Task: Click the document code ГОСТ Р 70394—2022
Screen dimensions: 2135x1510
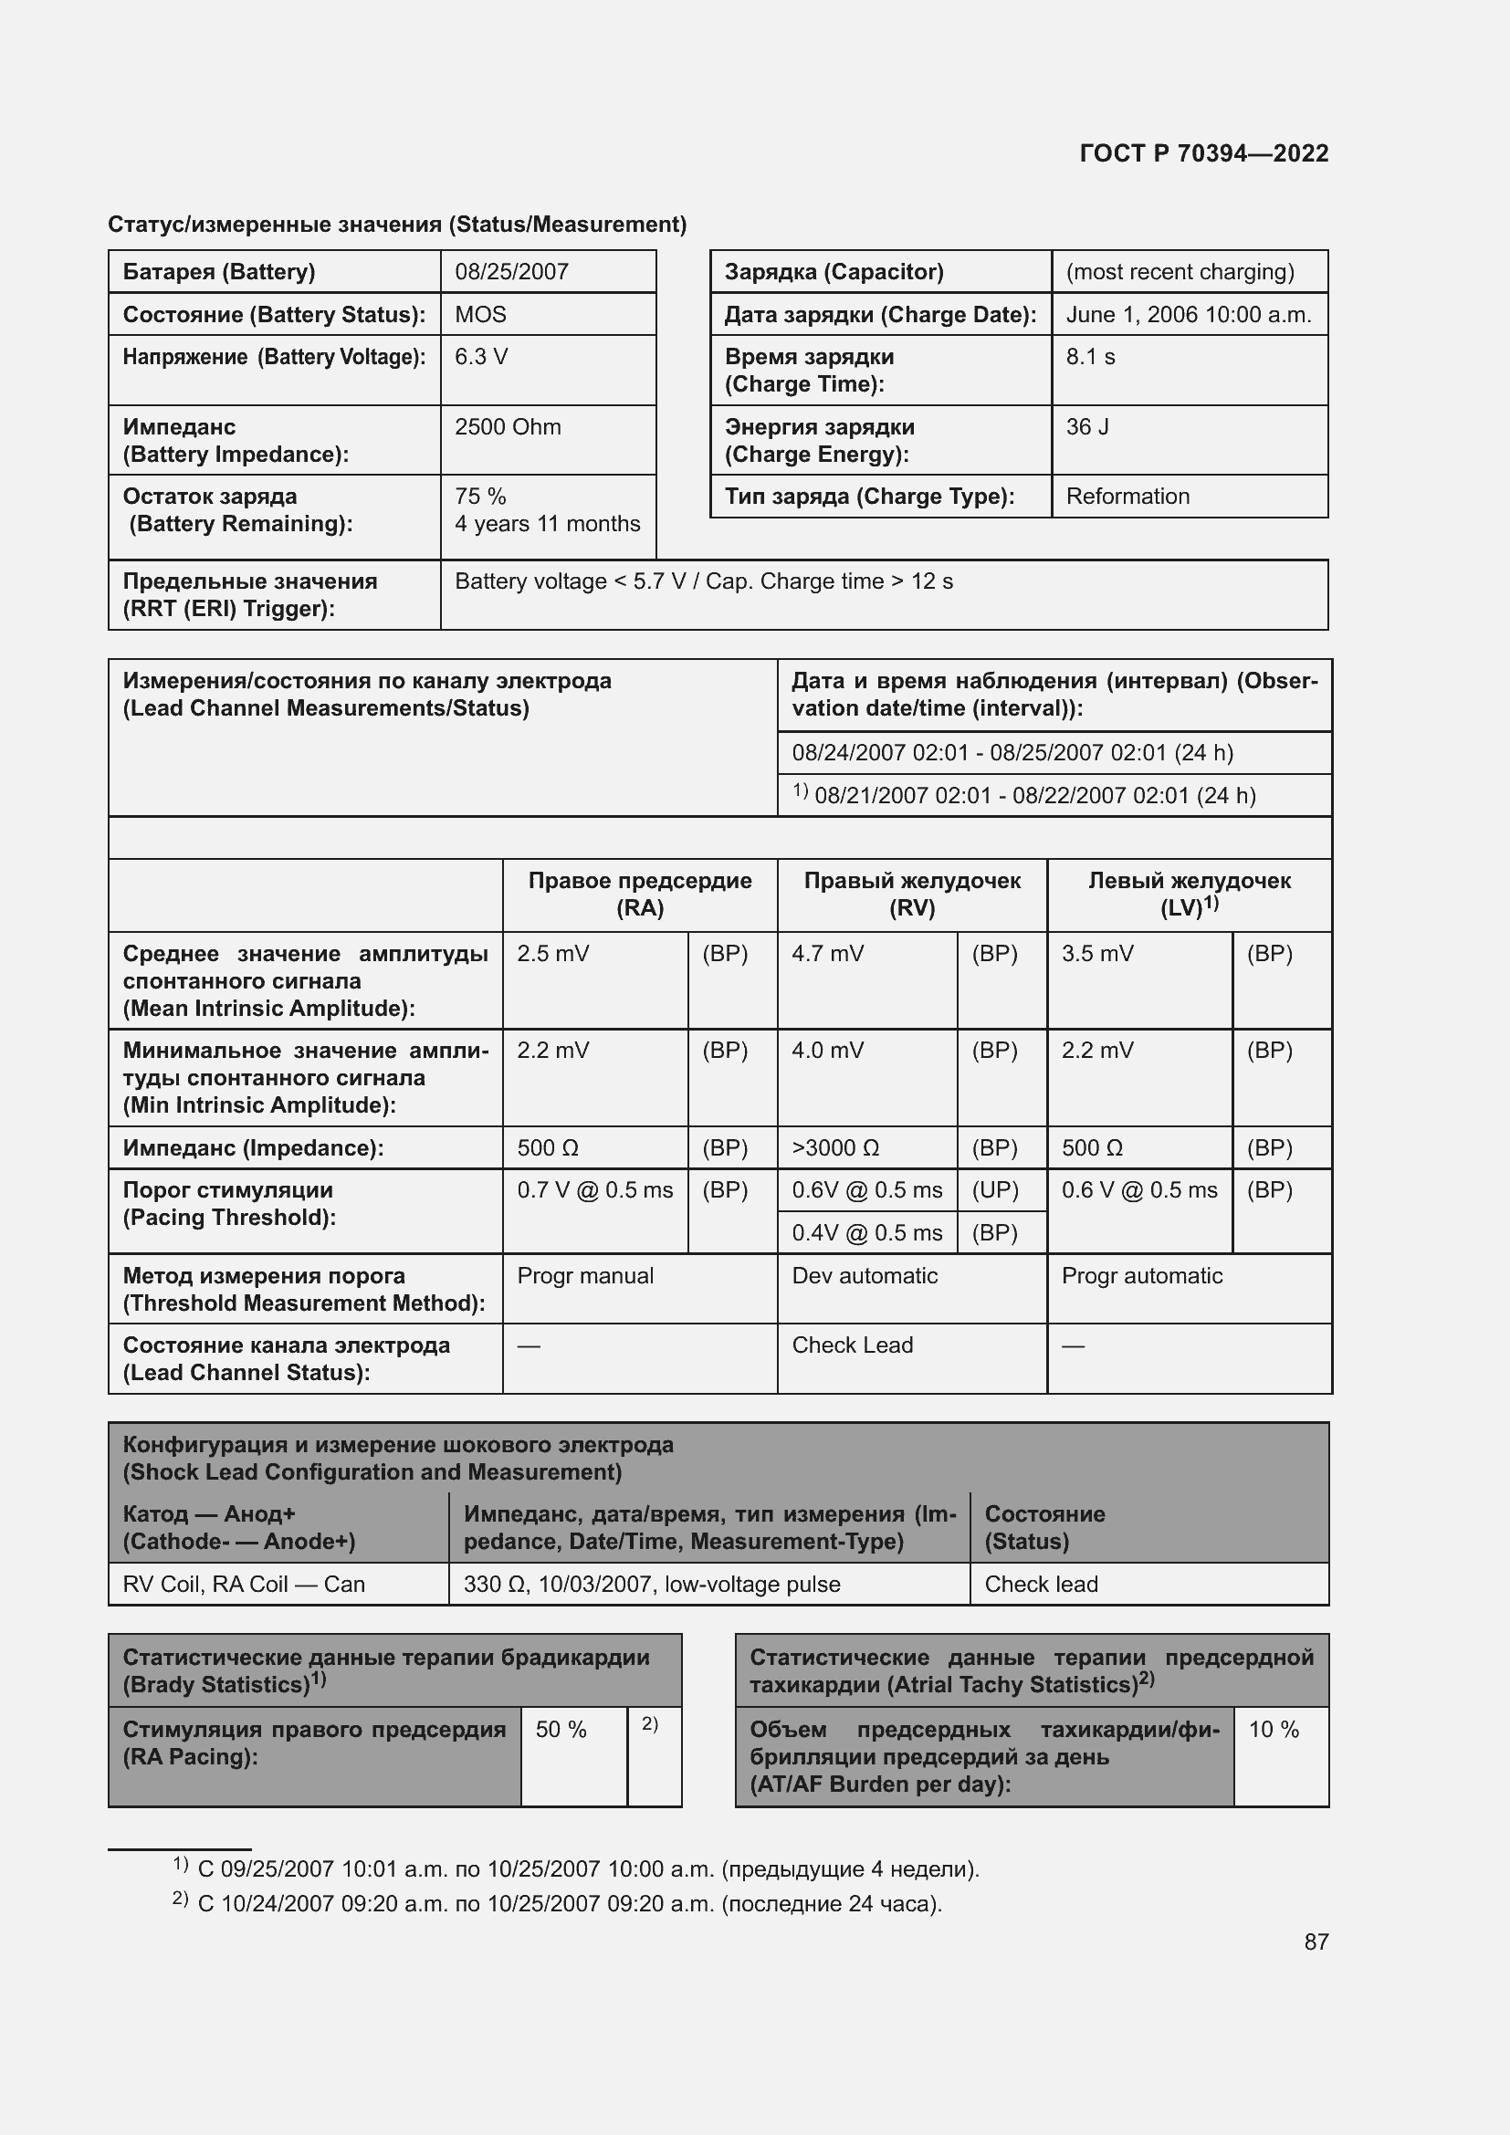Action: (x=1203, y=153)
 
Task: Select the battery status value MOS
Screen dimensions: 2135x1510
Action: (x=480, y=314)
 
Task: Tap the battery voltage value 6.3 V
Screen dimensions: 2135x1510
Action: (x=481, y=357)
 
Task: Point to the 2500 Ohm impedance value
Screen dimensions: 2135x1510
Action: (x=508, y=427)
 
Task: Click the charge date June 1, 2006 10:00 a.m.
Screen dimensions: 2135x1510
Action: (x=1189, y=314)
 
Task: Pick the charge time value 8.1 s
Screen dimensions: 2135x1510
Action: (x=1090, y=357)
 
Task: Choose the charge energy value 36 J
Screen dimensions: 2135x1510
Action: (x=1087, y=427)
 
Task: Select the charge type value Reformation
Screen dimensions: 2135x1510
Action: (x=1127, y=497)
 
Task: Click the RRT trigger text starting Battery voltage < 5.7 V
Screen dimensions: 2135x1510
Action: (x=703, y=581)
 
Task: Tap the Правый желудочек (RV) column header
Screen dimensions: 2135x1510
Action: (x=911, y=894)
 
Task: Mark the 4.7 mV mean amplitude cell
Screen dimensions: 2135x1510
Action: (x=827, y=954)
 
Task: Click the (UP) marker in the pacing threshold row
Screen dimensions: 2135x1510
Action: (x=995, y=1190)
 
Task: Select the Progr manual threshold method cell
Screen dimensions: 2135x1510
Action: (x=585, y=1276)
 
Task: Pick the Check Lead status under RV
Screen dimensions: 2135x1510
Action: (x=852, y=1345)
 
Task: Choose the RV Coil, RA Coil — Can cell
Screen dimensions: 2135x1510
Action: (x=244, y=1585)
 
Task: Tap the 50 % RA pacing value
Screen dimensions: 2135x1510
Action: (x=561, y=1730)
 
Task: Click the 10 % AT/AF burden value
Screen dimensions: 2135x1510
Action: (x=1273, y=1730)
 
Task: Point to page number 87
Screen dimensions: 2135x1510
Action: (x=1316, y=1941)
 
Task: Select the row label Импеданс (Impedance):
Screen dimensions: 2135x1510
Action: (x=253, y=1148)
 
